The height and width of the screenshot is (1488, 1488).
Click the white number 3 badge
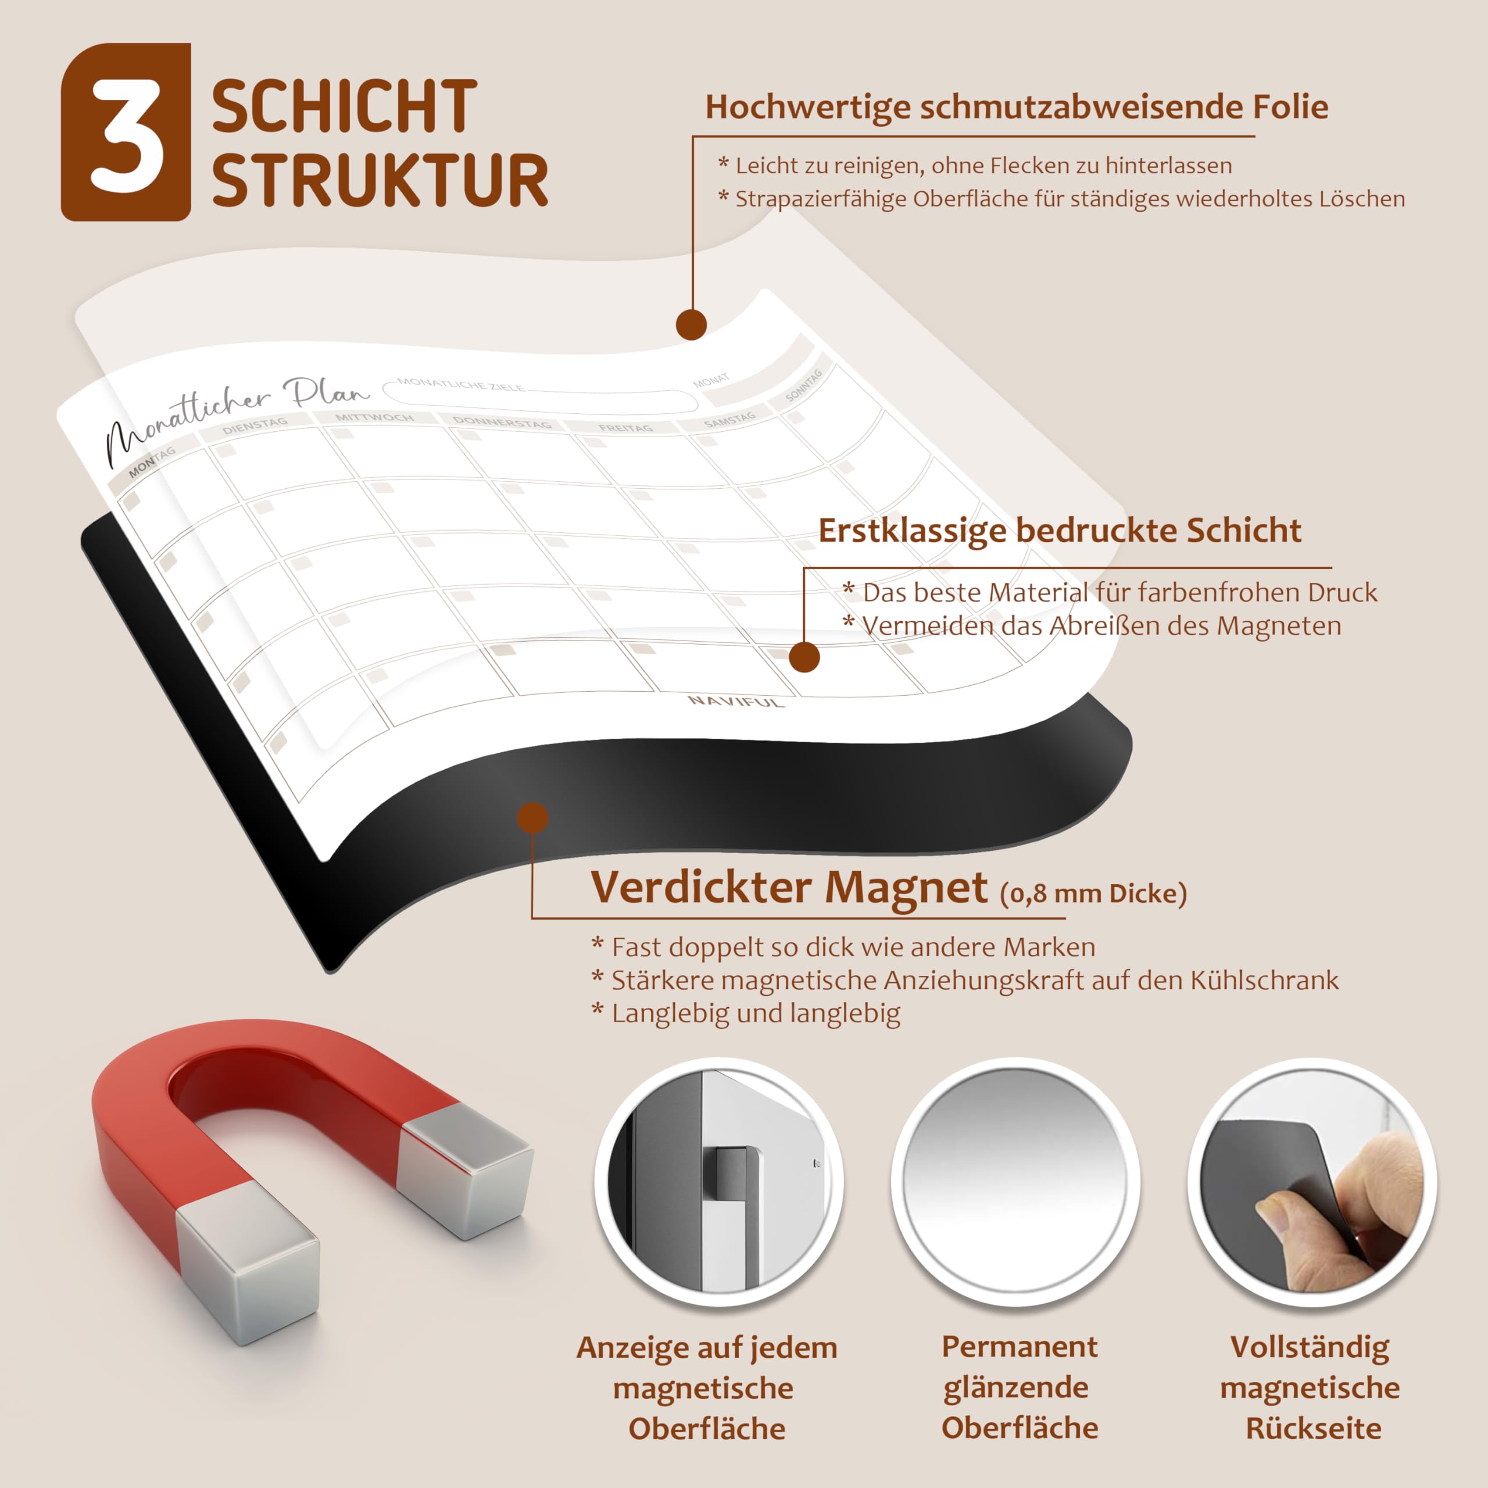coord(126,132)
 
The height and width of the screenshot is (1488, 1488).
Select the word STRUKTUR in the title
coord(380,180)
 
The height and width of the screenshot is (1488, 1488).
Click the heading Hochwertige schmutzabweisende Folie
coord(1017,107)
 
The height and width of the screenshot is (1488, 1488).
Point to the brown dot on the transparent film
coord(692,324)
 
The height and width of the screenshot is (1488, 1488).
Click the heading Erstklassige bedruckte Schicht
coord(1060,531)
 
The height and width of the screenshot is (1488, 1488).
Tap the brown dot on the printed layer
coord(804,657)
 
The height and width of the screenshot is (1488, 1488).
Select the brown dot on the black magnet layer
coord(533,817)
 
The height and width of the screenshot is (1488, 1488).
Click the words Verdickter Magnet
coord(789,887)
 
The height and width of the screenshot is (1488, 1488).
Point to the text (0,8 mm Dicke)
coord(1094,893)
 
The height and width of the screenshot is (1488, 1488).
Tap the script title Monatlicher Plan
coord(235,420)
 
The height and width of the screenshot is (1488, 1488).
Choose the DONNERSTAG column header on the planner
coord(502,422)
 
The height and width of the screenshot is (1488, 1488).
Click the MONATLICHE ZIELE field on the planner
coord(539,396)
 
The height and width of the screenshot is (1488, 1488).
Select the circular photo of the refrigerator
coord(718,1182)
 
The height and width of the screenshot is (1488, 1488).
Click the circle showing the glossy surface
coord(1016,1182)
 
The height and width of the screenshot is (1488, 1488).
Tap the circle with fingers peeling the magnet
coord(1312,1182)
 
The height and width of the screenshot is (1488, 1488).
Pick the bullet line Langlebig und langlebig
coord(746,1014)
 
